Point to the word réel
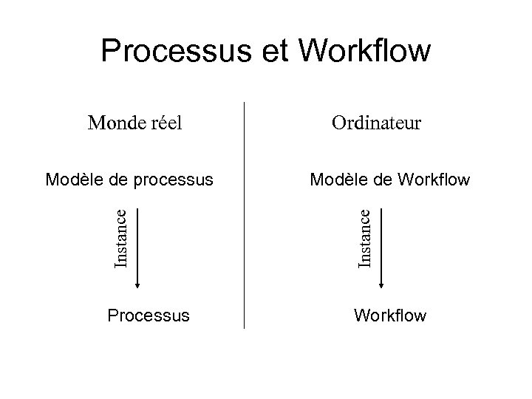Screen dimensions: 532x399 (x=163, y=122)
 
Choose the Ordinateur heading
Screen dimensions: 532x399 (x=376, y=122)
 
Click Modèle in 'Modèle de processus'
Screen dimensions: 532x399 (x=71, y=179)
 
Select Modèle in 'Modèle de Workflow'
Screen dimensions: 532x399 (x=335, y=179)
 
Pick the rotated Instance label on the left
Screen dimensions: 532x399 (x=126, y=237)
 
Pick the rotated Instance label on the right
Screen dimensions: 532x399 (x=364, y=237)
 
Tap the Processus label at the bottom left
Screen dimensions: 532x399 (x=148, y=316)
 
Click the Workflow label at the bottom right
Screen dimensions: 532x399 (x=390, y=316)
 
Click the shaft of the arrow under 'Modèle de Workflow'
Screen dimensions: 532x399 (x=381, y=236)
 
